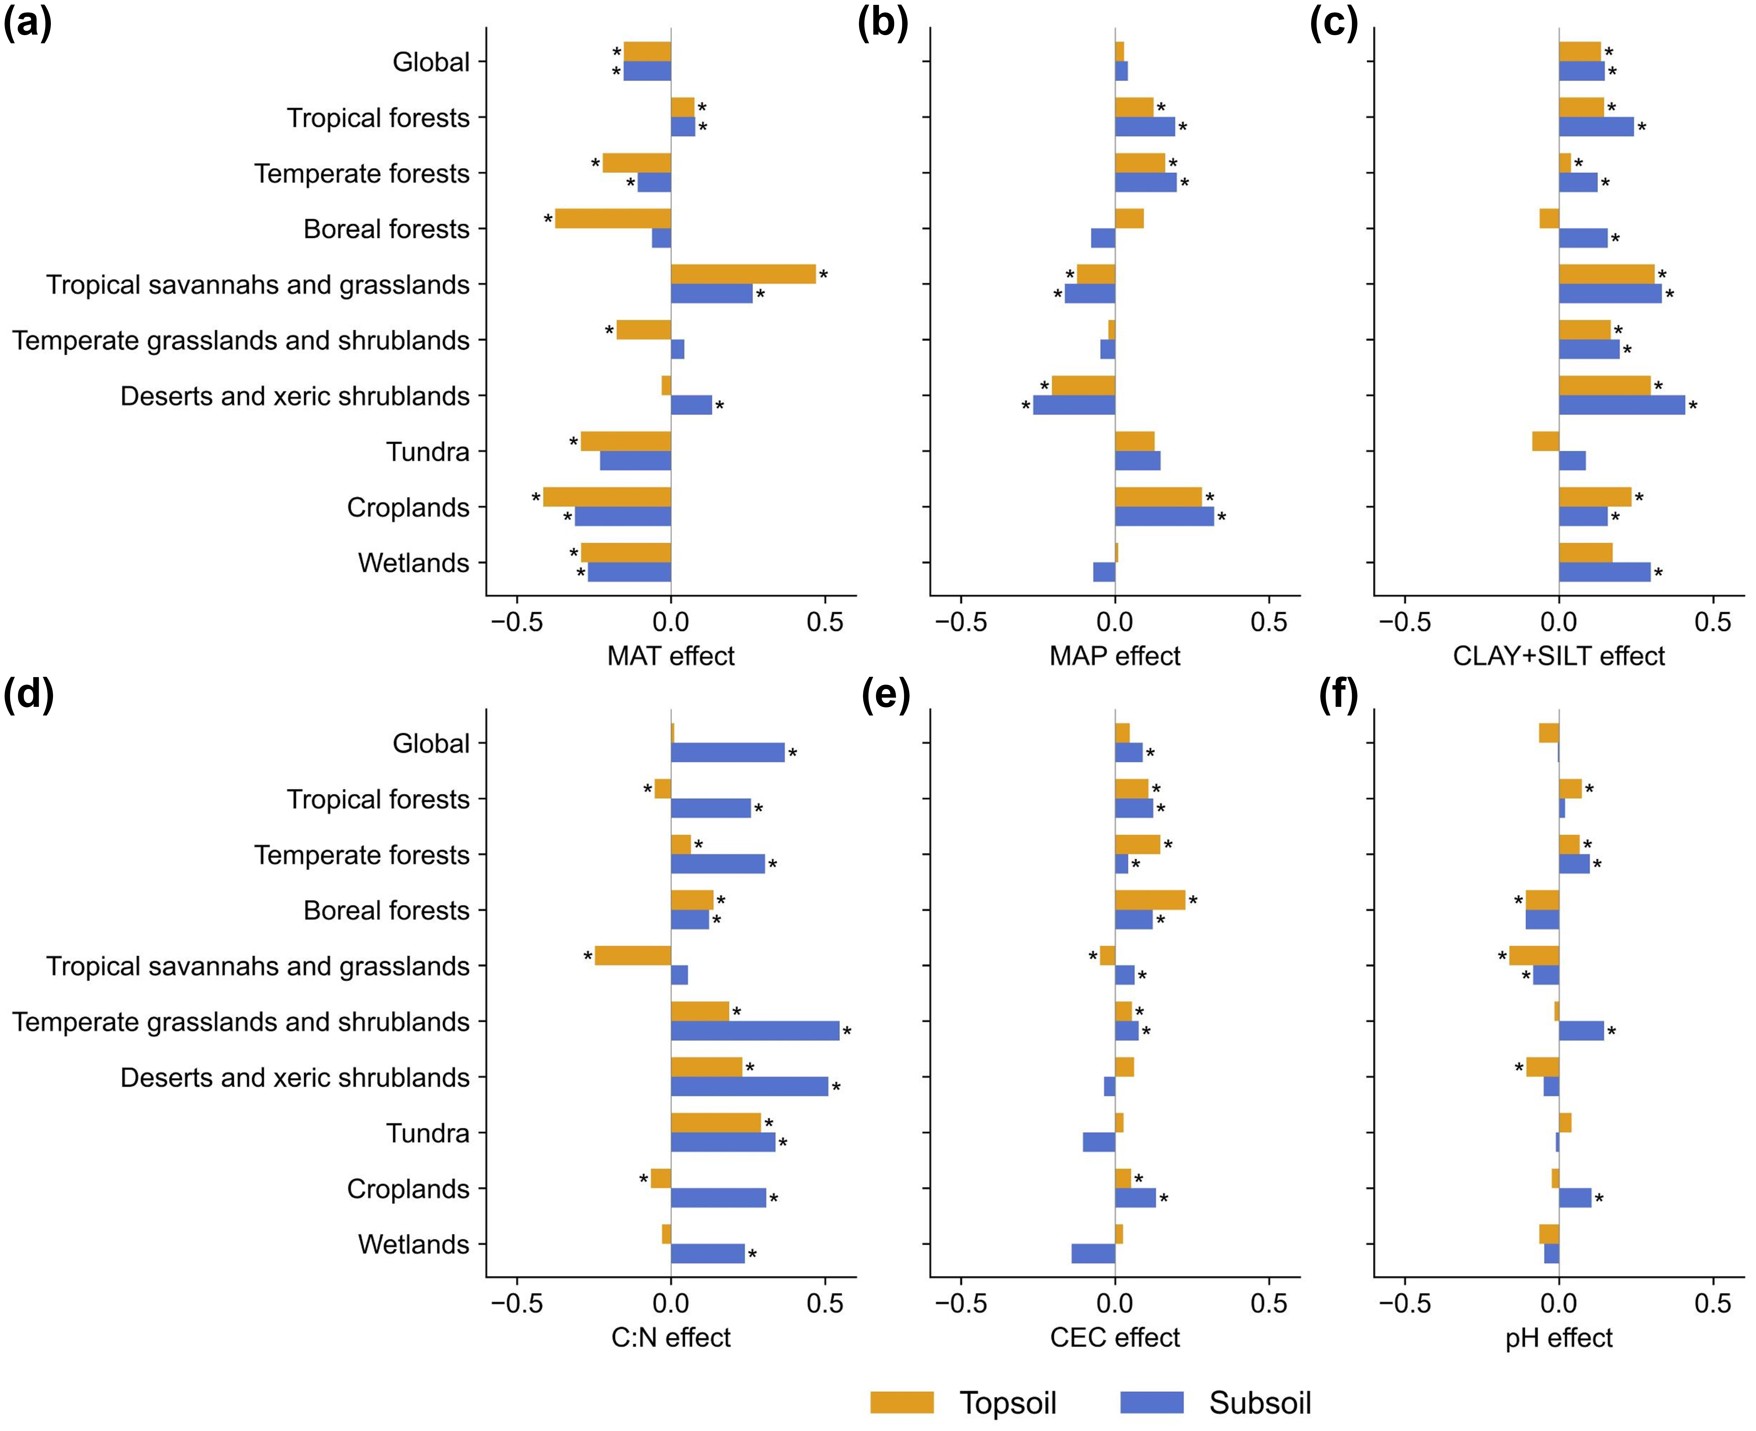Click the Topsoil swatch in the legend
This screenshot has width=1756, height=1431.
902,1402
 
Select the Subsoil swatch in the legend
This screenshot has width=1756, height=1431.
1152,1402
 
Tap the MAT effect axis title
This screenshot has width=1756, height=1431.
670,656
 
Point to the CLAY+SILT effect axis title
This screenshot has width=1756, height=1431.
1558,656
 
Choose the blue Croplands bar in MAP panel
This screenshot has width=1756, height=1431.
1164,517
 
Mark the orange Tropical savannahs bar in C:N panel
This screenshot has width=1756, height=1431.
632,955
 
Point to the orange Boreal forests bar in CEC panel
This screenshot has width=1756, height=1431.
1150,900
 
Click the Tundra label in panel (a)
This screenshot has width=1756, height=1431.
428,452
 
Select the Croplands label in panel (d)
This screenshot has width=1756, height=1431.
408,1189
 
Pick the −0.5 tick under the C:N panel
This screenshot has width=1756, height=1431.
517,1303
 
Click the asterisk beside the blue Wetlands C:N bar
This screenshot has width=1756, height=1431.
752,1255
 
